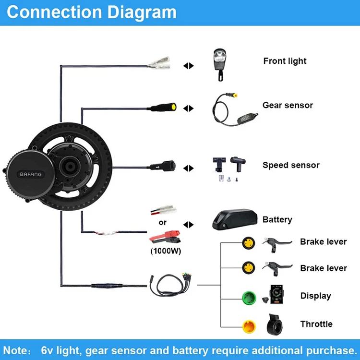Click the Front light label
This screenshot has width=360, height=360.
tap(285, 61)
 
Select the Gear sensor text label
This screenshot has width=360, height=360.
tap(288, 105)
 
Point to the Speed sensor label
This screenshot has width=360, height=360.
tap(291, 165)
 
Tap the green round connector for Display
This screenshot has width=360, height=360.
tap(248, 296)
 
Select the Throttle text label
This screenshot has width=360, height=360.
tap(316, 324)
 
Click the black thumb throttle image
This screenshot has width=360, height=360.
tap(276, 324)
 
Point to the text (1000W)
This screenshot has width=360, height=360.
tap(162, 251)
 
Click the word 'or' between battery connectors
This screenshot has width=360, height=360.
tap(162, 222)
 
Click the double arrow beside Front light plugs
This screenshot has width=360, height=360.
tap(188, 66)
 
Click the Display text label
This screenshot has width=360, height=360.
tap(315, 296)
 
